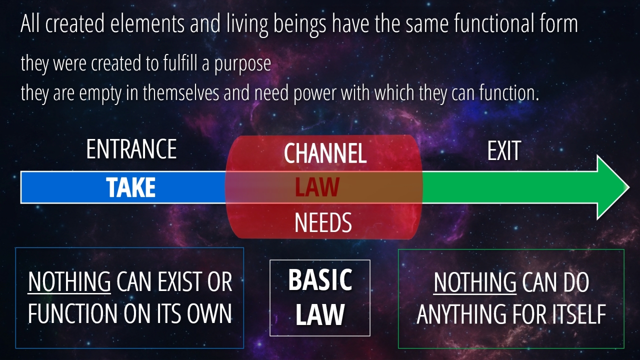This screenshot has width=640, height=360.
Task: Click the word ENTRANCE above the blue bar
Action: click(x=131, y=149)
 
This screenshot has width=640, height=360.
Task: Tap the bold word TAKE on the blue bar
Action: click(x=131, y=187)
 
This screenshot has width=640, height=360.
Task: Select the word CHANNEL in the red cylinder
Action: click(x=325, y=153)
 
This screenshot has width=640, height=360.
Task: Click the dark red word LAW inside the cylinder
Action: click(x=317, y=187)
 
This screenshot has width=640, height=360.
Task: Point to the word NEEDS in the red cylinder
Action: click(x=323, y=223)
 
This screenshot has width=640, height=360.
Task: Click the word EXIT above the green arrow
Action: click(x=504, y=150)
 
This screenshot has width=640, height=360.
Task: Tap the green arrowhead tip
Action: click(x=629, y=187)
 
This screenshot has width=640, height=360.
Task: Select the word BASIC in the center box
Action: click(x=320, y=279)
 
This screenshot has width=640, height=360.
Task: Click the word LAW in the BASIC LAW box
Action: click(x=320, y=314)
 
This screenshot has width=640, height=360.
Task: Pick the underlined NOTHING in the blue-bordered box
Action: click(x=69, y=281)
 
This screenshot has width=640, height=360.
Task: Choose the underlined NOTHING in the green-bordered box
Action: click(x=475, y=282)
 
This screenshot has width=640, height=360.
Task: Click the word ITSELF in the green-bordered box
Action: click(x=579, y=313)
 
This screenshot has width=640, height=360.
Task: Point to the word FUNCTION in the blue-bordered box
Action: click(x=72, y=313)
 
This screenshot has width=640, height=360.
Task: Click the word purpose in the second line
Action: click(x=242, y=64)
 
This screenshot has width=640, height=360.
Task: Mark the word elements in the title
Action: click(x=147, y=23)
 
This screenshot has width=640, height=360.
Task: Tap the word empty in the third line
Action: click(x=100, y=93)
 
